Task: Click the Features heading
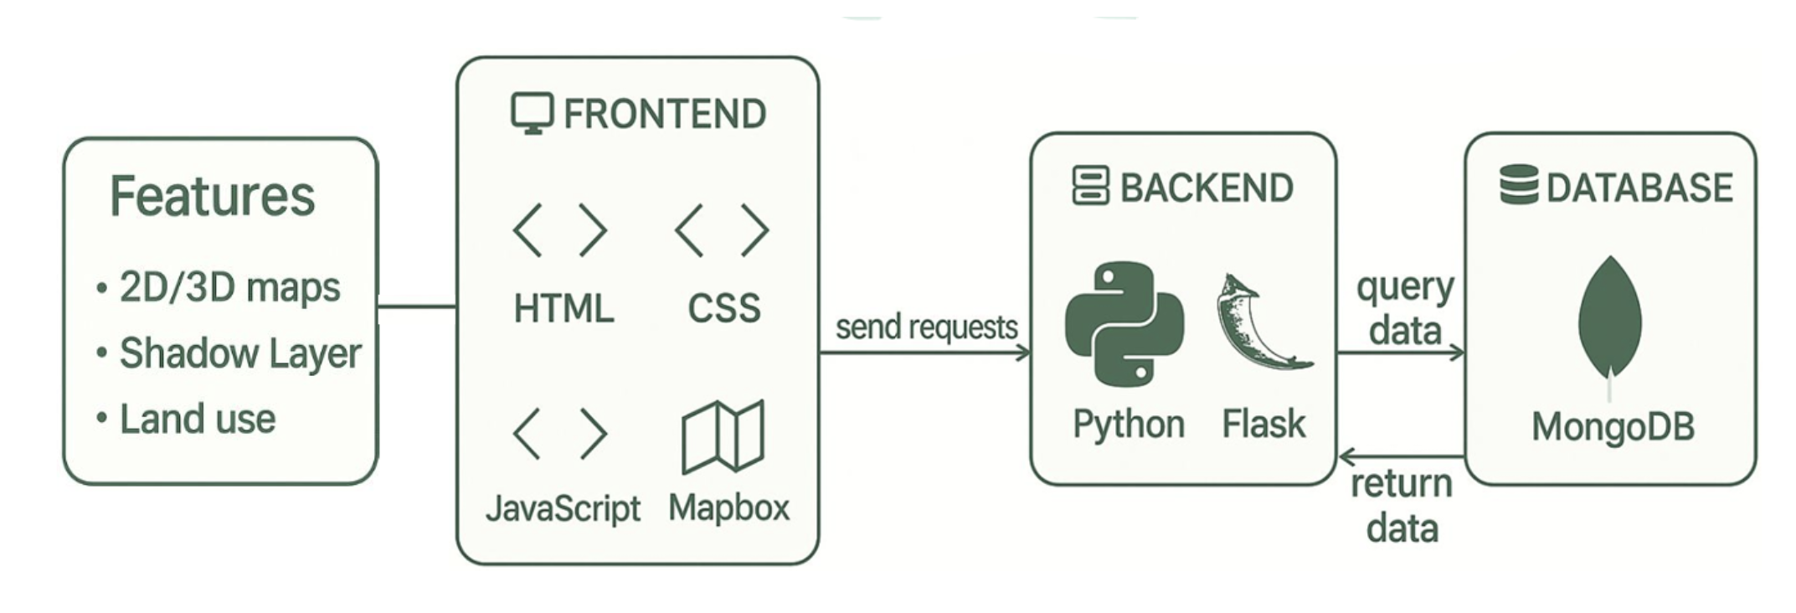(x=213, y=196)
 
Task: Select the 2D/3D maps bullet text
(x=229, y=287)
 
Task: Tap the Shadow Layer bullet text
(x=240, y=353)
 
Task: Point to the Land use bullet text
(x=198, y=419)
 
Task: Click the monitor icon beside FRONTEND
(x=533, y=113)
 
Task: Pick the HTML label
(x=564, y=308)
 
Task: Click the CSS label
(x=724, y=308)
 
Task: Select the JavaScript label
(x=564, y=507)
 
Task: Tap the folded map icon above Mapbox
(x=723, y=435)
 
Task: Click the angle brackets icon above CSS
(x=722, y=230)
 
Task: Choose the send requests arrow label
(x=926, y=327)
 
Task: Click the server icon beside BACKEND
(x=1091, y=186)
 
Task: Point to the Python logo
(x=1124, y=324)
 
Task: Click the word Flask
(x=1263, y=424)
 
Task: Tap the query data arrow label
(x=1405, y=308)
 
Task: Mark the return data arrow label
(x=1402, y=506)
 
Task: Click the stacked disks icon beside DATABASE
(x=1519, y=185)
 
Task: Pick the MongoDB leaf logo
(x=1609, y=320)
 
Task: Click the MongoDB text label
(x=1613, y=426)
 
